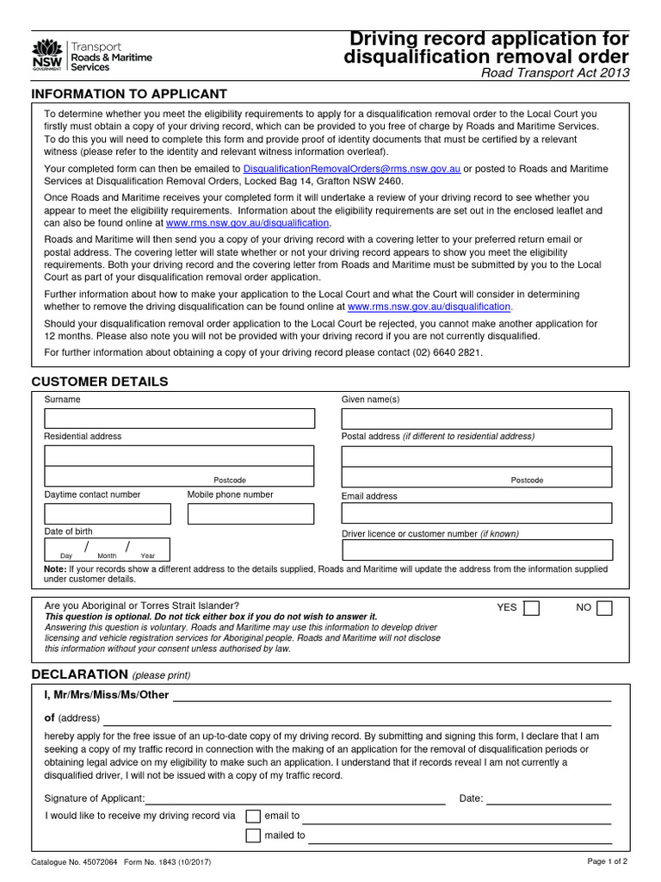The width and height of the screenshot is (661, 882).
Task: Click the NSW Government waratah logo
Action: point(46,54)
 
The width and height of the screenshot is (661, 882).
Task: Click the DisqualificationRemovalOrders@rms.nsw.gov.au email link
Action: point(353,169)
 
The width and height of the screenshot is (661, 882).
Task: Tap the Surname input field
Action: point(180,419)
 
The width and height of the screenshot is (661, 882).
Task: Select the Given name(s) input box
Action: point(476,419)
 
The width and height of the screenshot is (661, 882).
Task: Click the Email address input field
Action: point(476,513)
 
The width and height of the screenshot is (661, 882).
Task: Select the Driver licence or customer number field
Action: point(477,550)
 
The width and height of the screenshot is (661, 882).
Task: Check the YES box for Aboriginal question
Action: point(532,608)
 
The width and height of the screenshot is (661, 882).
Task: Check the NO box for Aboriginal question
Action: point(604,608)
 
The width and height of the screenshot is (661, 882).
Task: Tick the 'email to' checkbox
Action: point(253,816)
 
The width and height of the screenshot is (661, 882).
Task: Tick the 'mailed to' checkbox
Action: point(253,835)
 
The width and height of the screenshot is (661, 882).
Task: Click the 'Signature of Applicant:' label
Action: point(95,798)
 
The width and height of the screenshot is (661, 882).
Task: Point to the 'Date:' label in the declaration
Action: point(471,798)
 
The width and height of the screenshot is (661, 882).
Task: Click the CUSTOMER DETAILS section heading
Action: point(100,382)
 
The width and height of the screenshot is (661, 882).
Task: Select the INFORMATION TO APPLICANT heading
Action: point(129,93)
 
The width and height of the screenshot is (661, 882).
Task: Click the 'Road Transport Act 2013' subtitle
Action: point(554,73)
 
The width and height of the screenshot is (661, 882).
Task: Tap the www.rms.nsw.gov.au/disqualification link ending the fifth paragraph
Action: point(429,306)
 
